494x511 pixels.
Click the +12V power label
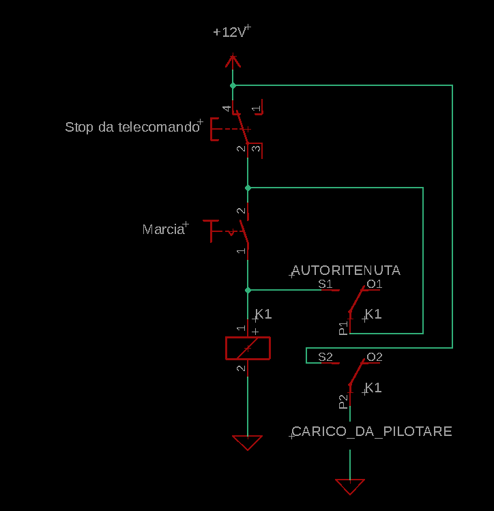pos(229,32)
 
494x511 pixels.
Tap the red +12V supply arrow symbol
pos(233,63)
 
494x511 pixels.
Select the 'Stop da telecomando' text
pos(131,127)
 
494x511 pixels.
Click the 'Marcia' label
pos(163,229)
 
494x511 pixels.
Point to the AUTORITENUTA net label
pos(346,270)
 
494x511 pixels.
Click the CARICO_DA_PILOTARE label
pos(371,431)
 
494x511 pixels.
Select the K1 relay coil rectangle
pos(248,348)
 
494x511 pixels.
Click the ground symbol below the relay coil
pos(247,443)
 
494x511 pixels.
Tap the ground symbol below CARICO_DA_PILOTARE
pos(350,486)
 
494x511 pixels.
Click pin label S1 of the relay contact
pos(325,284)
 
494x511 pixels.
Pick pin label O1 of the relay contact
pos(374,284)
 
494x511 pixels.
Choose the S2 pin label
pos(325,357)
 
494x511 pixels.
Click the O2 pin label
pos(374,357)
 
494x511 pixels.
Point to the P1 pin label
pos(343,327)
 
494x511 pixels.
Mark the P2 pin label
pos(343,400)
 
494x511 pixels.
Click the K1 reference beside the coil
pos(263,315)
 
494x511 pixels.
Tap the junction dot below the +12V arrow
pos(233,86)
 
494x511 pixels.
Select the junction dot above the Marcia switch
pos(248,188)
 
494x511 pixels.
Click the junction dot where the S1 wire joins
pos(248,290)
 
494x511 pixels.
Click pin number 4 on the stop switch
pos(227,108)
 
